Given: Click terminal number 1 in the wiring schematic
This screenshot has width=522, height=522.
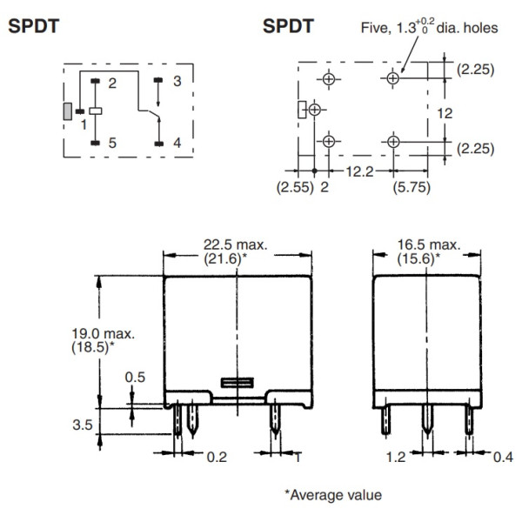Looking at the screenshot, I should (84, 124).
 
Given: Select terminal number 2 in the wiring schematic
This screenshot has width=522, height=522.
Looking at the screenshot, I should (111, 83).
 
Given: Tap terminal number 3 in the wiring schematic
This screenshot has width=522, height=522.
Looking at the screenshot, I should (177, 82).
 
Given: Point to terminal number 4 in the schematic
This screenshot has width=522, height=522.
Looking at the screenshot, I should (177, 143).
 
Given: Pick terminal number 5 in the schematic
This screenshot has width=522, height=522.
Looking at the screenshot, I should (111, 143).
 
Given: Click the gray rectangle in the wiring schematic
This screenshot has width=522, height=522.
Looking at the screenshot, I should (67, 111).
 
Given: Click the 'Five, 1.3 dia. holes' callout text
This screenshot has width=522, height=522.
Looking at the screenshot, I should (429, 28).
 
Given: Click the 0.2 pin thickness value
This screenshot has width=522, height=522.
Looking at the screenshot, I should (217, 455).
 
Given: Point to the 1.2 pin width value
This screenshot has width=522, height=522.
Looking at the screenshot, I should (396, 455).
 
